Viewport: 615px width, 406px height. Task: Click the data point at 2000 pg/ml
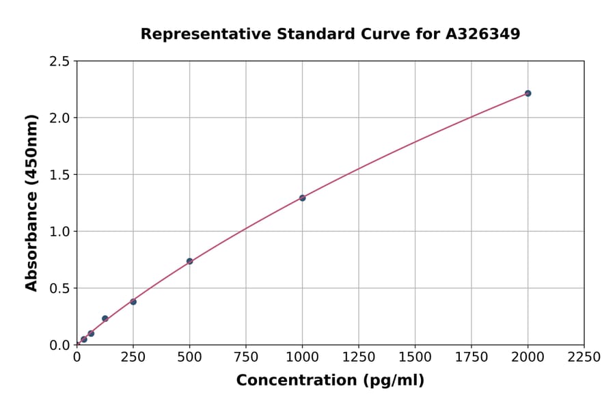coord(528,93)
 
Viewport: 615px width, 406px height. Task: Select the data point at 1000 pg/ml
coord(302,198)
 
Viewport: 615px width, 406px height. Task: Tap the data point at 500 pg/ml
coord(189,261)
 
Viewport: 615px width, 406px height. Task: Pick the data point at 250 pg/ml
coord(133,301)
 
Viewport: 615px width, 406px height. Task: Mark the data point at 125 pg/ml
coord(105,319)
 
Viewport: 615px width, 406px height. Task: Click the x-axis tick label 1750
coord(471,357)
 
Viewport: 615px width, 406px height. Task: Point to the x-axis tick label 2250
coord(584,357)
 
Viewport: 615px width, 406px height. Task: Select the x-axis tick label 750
coord(246,357)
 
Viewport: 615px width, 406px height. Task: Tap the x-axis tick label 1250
coord(359,357)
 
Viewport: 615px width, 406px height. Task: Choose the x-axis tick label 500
coord(189,357)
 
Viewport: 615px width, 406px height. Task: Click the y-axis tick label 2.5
coord(60,62)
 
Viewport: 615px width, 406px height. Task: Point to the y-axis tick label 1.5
coord(60,175)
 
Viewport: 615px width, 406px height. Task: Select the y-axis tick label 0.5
coord(60,288)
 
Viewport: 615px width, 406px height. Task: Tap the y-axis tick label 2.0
coord(60,118)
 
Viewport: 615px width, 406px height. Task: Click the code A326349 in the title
coord(482,34)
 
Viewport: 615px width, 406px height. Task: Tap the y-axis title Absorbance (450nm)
coord(31,202)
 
